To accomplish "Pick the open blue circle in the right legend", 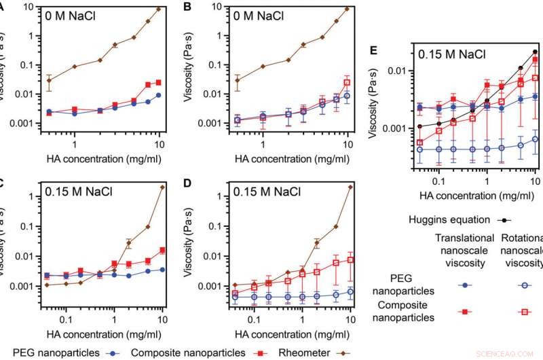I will [x=519, y=286].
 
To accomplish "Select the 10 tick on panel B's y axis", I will [x=215, y=7].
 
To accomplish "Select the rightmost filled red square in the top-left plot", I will [x=159, y=82].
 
